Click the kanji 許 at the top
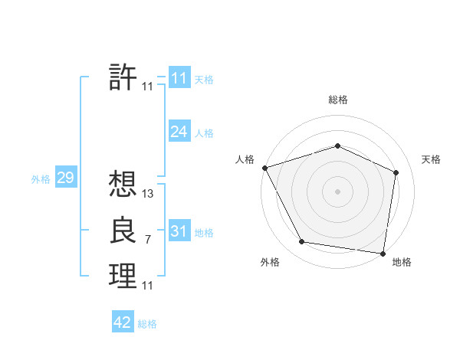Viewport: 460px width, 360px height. click(x=123, y=77)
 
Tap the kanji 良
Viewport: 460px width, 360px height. click(x=123, y=231)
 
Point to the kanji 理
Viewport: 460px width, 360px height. click(x=123, y=276)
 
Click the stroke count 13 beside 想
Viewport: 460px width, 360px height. click(x=148, y=195)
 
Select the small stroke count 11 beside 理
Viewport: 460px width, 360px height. click(x=148, y=286)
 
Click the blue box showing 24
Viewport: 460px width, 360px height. click(x=179, y=132)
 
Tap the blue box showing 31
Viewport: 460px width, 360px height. click(x=179, y=231)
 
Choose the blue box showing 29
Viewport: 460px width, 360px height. click(x=65, y=178)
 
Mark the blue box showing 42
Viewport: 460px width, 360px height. click(x=123, y=322)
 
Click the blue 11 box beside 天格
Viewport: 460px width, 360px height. click(x=179, y=78)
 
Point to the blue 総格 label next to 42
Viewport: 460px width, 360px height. click(x=147, y=324)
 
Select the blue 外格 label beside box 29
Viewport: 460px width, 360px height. click(x=41, y=179)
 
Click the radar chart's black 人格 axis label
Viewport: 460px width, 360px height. click(x=245, y=159)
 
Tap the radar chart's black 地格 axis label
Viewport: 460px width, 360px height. click(x=402, y=262)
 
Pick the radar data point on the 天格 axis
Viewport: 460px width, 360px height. click(x=396, y=172)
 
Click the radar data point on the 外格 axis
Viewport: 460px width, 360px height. click(x=302, y=242)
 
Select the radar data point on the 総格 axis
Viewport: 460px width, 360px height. click(x=338, y=146)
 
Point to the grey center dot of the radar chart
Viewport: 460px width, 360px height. click(x=338, y=191)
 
